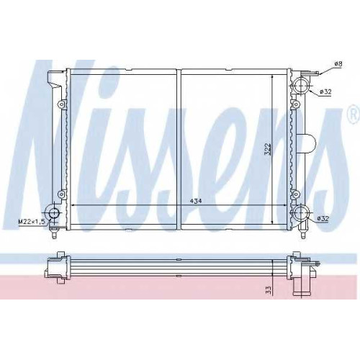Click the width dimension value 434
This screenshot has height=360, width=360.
point(196,202)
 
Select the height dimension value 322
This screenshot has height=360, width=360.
point(268,149)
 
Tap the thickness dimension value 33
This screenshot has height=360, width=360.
point(269,290)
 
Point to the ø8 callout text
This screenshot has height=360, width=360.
point(338,64)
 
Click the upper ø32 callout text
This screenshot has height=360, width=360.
point(325,91)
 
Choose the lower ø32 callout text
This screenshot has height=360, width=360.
point(323,218)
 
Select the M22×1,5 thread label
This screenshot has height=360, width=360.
point(32,222)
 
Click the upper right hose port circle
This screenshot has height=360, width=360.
point(301,86)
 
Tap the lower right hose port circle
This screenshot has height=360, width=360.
point(301,213)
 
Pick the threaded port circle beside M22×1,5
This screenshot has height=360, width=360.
point(53,213)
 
